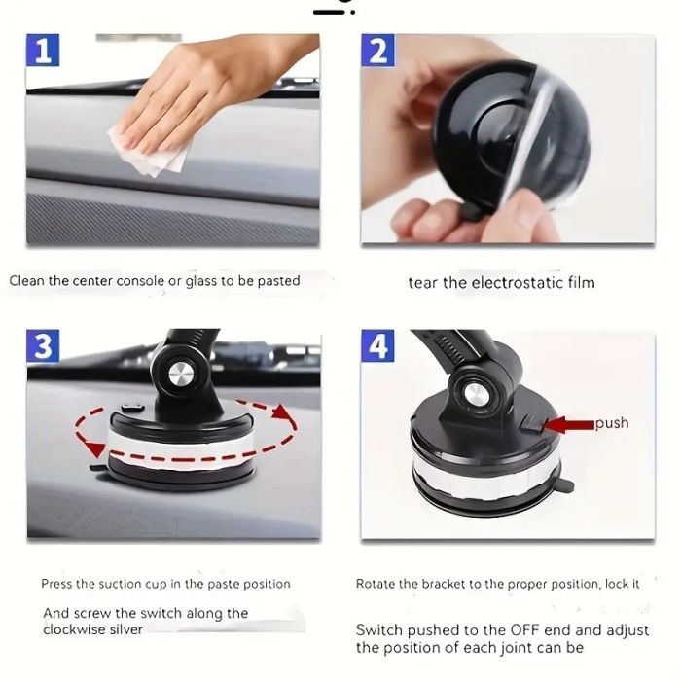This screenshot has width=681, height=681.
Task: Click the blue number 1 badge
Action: (x=43, y=50)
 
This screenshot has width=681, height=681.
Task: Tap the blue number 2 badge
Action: (x=377, y=50)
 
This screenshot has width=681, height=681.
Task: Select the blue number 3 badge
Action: (x=43, y=345)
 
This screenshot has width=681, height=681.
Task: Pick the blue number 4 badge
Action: (x=377, y=345)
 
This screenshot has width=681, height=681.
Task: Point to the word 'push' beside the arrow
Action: (x=612, y=422)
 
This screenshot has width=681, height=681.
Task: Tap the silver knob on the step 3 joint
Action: (x=181, y=374)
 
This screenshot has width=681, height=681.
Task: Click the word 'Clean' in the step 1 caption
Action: (x=27, y=280)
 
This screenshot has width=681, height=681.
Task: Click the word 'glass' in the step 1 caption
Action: (x=201, y=281)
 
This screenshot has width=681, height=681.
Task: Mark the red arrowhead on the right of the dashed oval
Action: (x=282, y=412)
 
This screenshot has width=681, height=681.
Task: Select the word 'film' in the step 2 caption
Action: (x=581, y=283)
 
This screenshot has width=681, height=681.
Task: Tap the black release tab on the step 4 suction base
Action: (x=563, y=484)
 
